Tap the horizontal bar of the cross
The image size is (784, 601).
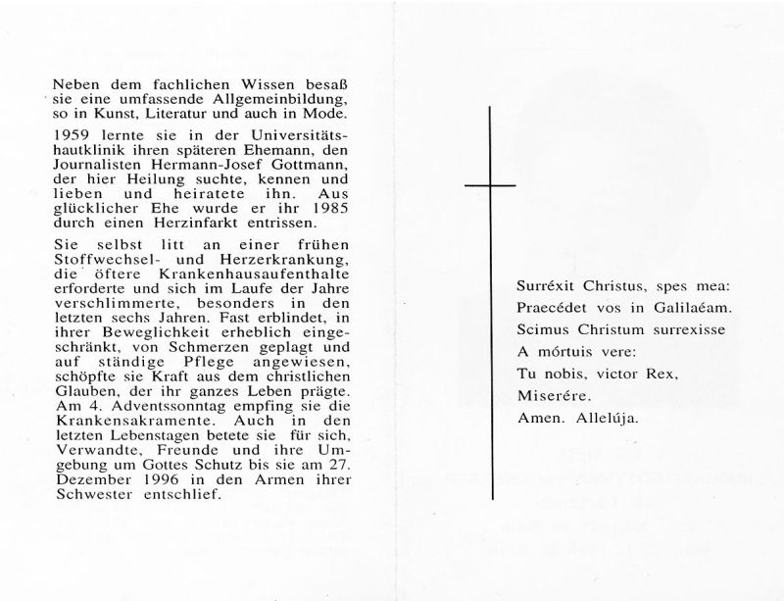[x=489, y=184]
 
